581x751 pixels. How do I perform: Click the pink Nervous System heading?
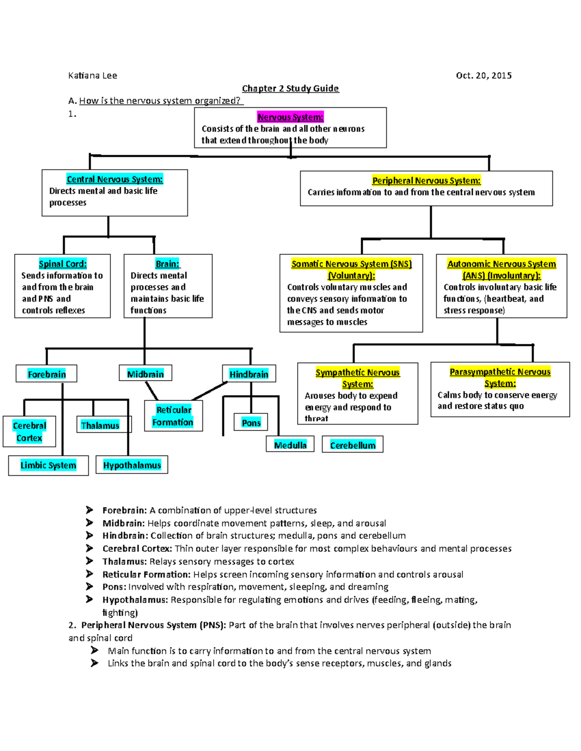[x=290, y=117]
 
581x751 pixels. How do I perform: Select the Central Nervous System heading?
[x=115, y=179]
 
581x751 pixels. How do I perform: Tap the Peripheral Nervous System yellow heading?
[x=426, y=180]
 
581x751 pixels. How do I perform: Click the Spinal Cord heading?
[x=62, y=264]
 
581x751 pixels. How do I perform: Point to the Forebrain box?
[x=46, y=374]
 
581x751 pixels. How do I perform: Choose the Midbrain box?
[x=146, y=374]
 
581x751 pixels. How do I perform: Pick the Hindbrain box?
[x=249, y=374]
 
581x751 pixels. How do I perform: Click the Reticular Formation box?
[x=173, y=416]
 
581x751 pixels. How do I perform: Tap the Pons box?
[x=251, y=422]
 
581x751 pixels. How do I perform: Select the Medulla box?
[x=290, y=444]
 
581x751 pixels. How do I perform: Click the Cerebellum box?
[x=352, y=444]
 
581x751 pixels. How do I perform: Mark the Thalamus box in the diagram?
[x=100, y=425]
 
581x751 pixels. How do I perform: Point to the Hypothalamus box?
[x=132, y=465]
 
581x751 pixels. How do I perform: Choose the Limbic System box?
[x=48, y=465]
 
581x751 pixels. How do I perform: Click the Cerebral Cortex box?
[x=30, y=431]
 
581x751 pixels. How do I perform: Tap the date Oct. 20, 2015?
[x=483, y=75]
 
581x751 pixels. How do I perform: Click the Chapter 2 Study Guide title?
[x=290, y=88]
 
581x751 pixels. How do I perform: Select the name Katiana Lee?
[x=92, y=75]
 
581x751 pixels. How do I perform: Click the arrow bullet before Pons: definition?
[x=90, y=587]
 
